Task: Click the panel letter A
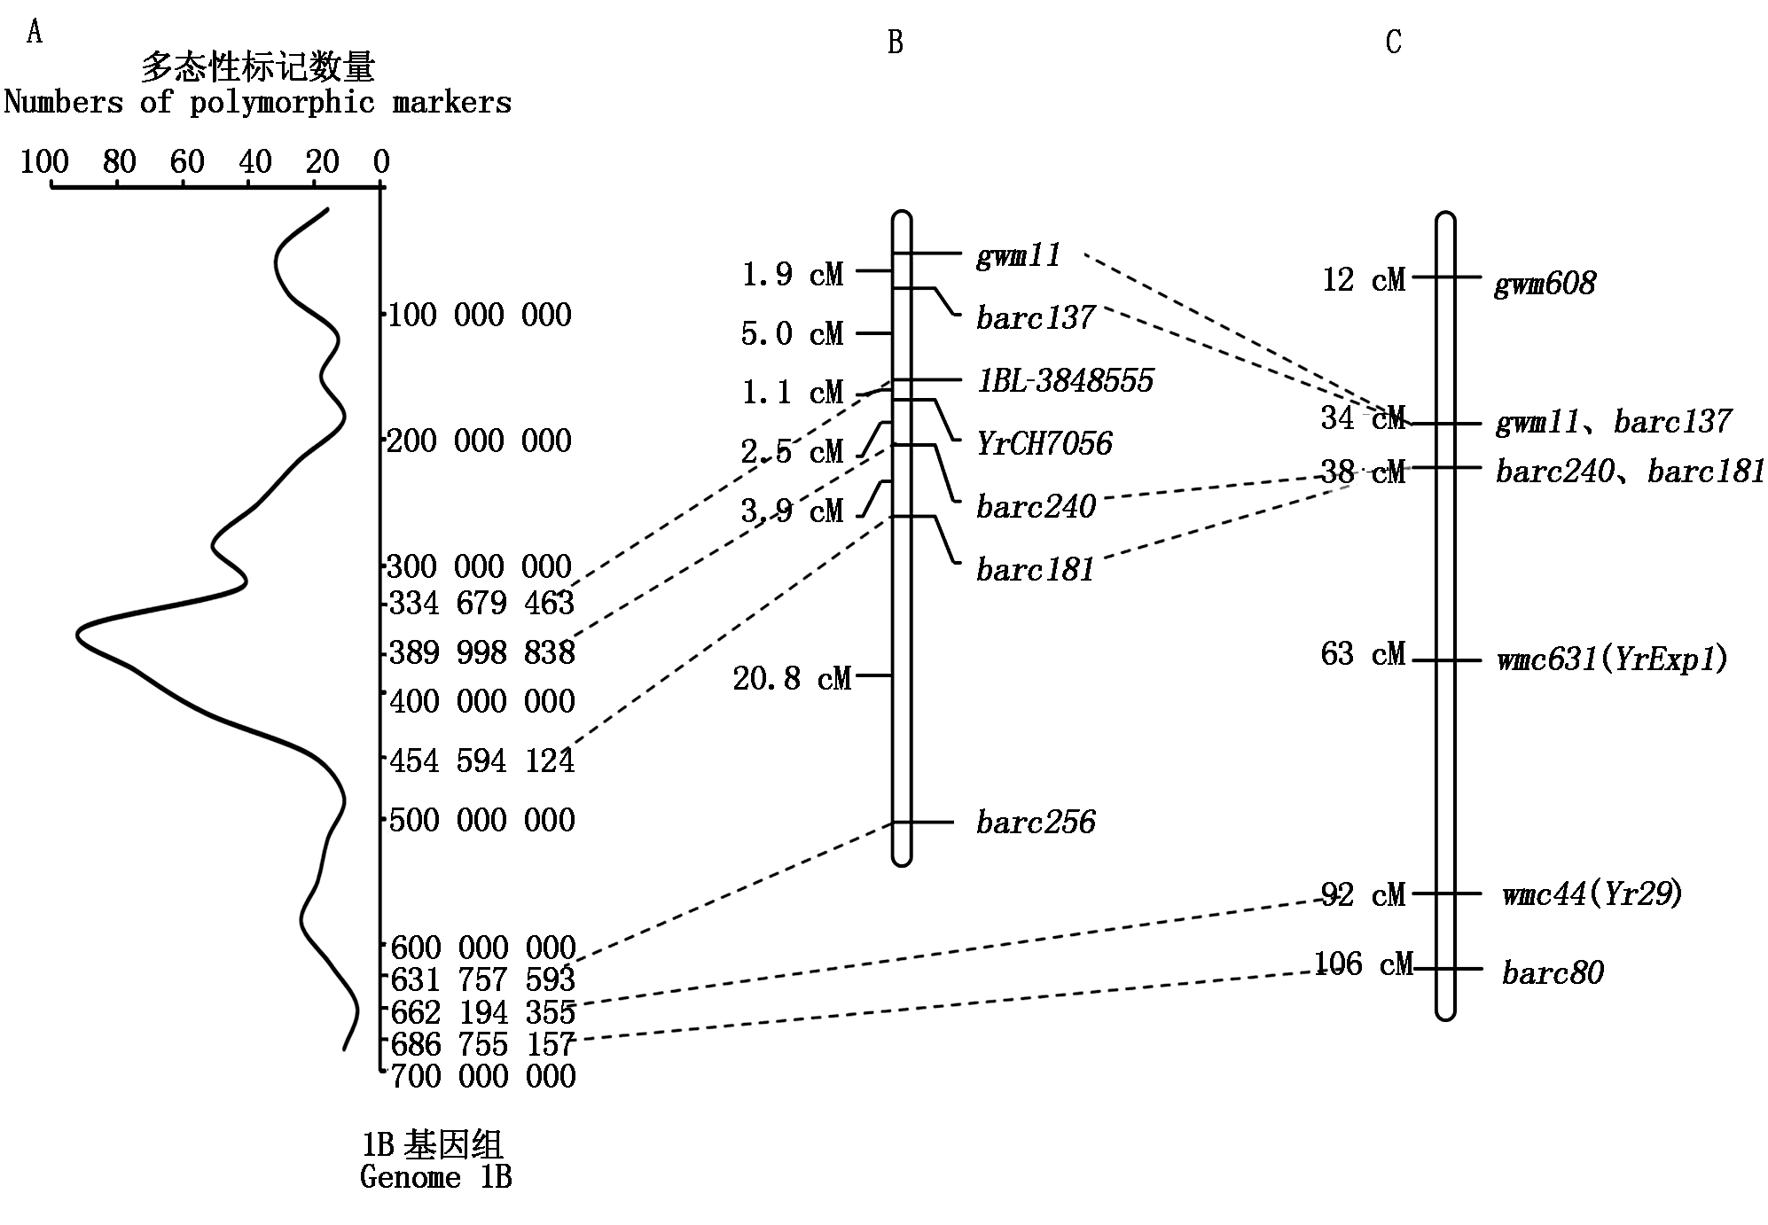coord(35,34)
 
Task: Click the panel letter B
coord(896,43)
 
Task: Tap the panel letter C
coord(1393,43)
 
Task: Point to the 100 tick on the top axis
coord(44,163)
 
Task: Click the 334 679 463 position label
coord(482,604)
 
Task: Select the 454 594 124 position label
coord(482,761)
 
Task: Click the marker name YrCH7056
coord(1044,443)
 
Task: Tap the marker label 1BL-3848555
coord(1065,380)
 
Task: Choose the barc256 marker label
coord(1036,823)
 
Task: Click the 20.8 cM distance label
coord(792,679)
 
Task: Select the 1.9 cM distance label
coord(792,274)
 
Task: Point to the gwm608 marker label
coord(1545,284)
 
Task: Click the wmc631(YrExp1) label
coord(1612,659)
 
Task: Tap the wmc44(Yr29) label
coord(1592,893)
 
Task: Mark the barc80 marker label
coord(1553,972)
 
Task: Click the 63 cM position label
coord(1363,654)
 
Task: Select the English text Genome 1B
coord(435,1177)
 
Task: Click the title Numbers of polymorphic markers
coord(257,103)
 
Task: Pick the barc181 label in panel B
coord(1035,569)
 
